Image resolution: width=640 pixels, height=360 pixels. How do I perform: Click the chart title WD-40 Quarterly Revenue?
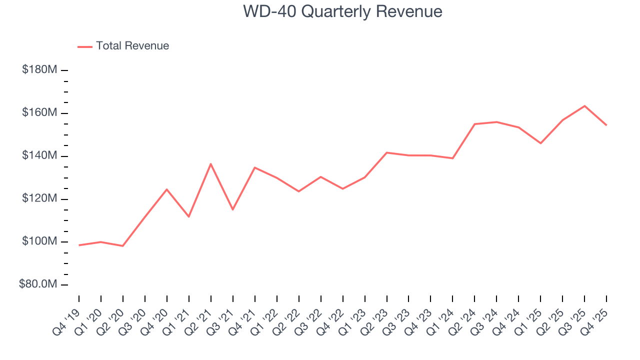[342, 11]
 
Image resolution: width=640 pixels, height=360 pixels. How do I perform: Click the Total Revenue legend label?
[132, 46]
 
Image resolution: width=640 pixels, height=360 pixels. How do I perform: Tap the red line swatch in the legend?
[85, 46]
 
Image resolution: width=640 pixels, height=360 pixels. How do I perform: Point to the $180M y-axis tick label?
[39, 70]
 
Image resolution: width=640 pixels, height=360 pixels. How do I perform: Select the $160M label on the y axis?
[39, 113]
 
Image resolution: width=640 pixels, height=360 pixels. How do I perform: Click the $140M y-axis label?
[39, 156]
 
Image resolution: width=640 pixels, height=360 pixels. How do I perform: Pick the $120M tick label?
[39, 199]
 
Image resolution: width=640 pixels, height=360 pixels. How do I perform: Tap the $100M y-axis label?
[39, 242]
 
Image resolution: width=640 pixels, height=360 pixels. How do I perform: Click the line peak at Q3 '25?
[584, 106]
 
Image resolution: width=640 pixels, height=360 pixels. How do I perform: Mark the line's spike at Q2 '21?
[211, 164]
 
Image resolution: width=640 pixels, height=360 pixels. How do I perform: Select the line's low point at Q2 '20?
[122, 246]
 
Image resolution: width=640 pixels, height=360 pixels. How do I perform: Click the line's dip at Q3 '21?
[232, 209]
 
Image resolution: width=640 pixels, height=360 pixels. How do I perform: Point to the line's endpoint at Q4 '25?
[606, 125]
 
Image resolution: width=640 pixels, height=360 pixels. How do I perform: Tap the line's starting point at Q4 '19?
[79, 245]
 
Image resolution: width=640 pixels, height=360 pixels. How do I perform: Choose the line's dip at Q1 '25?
[540, 143]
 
